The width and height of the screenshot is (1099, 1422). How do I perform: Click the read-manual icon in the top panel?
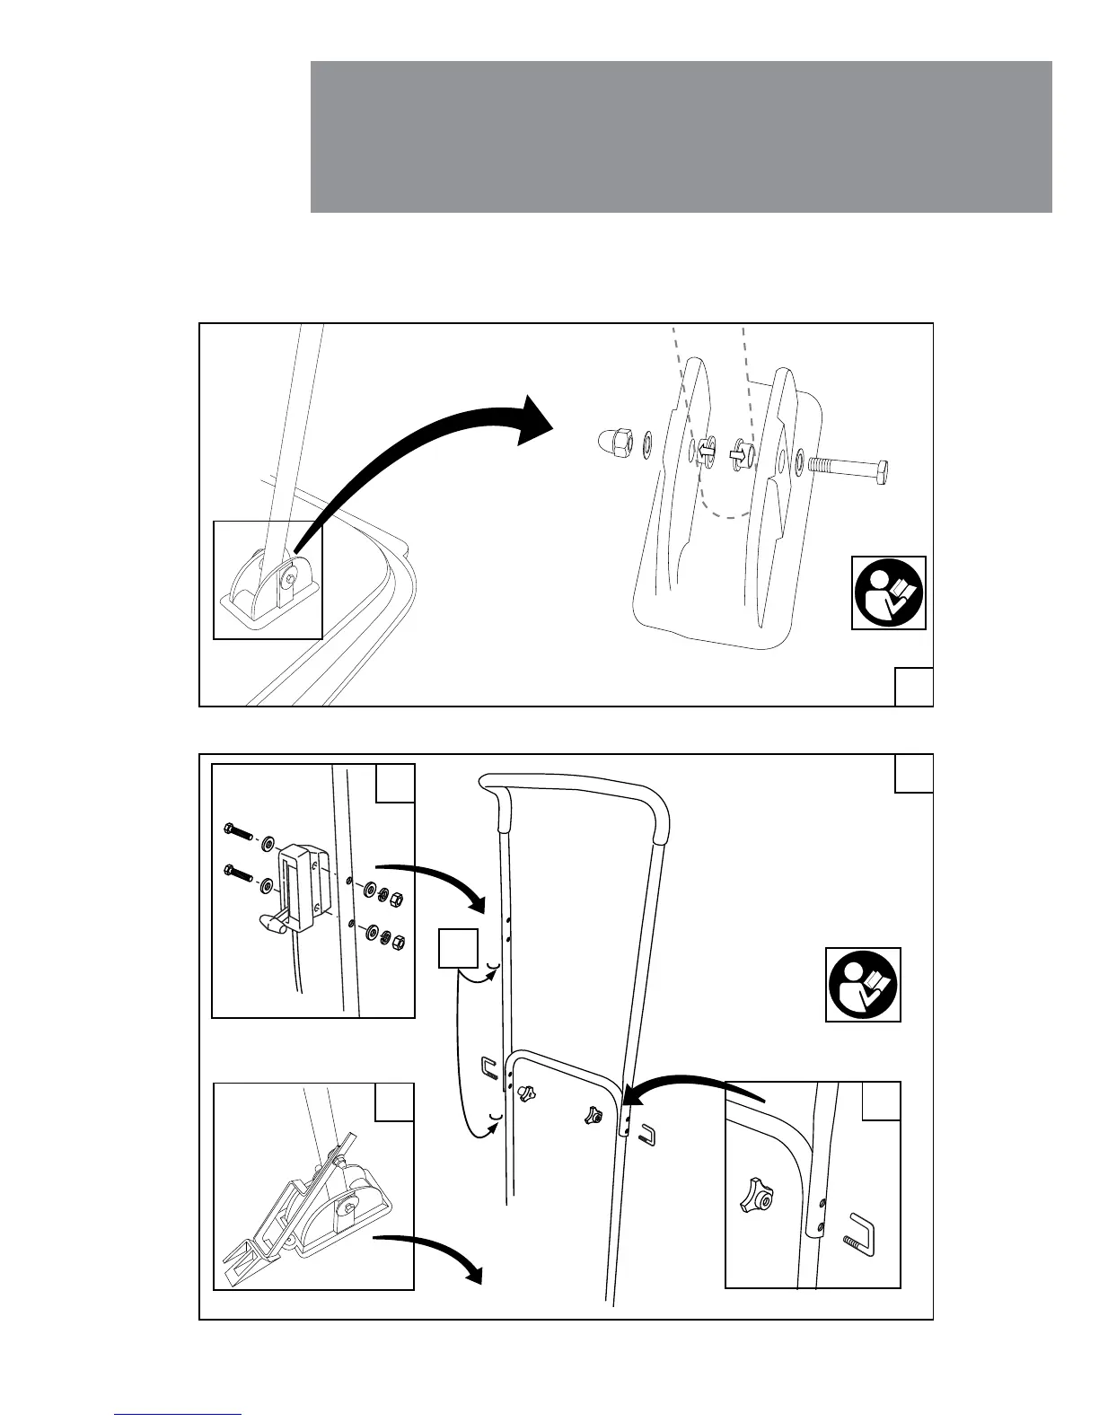888,592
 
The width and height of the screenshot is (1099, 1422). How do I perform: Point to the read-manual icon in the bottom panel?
863,984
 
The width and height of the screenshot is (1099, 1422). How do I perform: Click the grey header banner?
681,136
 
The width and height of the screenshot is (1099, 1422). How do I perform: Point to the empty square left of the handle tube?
458,950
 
